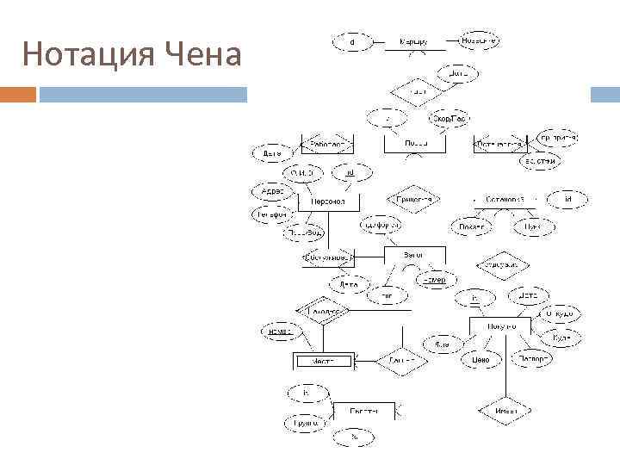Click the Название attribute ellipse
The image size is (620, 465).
click(x=477, y=40)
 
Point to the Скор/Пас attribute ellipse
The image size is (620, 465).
click(x=449, y=118)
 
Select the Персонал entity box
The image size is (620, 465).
click(x=328, y=201)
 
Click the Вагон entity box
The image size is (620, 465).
click(x=413, y=255)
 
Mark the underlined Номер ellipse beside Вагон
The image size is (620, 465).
click(x=435, y=280)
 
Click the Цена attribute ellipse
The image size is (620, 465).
click(x=480, y=359)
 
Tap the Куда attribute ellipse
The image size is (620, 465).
click(x=561, y=338)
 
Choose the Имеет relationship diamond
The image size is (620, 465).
click(x=506, y=411)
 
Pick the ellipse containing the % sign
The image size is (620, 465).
click(x=354, y=438)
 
